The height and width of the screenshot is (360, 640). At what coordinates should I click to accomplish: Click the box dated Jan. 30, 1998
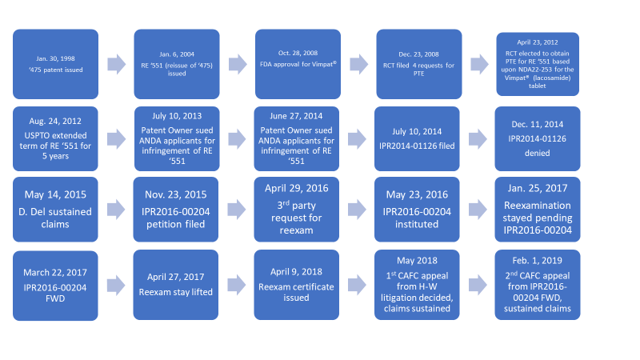pos(55,64)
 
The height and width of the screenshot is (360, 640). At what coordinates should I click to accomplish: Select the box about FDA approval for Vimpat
pos(298,64)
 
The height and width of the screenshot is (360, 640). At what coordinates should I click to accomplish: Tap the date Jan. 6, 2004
pos(177,54)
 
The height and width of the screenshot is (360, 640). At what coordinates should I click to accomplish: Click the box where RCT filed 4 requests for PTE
pos(419,64)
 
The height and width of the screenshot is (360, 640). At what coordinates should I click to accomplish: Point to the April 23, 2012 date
pos(538,42)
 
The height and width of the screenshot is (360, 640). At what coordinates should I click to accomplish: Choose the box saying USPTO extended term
pos(55,138)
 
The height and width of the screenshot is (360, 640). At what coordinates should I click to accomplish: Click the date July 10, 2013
pos(177,116)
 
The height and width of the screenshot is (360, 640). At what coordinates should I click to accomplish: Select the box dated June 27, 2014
pos(296,138)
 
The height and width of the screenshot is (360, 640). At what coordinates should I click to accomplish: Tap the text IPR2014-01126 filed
pos(417,146)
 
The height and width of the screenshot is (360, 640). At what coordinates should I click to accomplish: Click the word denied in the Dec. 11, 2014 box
pos(538,153)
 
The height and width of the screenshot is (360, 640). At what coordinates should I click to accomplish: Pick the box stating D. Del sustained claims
pos(55,210)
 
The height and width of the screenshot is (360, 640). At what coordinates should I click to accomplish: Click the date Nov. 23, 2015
pos(175,194)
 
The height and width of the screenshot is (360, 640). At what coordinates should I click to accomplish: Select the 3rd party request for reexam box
pos(296,210)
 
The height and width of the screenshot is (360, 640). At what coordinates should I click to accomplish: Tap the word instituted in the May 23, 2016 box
pos(417,224)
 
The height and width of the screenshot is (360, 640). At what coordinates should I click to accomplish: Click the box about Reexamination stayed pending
pos(538,210)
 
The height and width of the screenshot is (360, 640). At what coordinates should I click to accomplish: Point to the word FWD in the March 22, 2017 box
pos(55,298)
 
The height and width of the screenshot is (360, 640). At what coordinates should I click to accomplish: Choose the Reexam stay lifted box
pos(175,285)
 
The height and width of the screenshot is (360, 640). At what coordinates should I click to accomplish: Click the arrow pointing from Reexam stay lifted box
pos(237,285)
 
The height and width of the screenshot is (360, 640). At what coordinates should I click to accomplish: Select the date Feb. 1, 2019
pos(537,261)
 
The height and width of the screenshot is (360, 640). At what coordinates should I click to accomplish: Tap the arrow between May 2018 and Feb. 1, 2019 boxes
pos(478,285)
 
